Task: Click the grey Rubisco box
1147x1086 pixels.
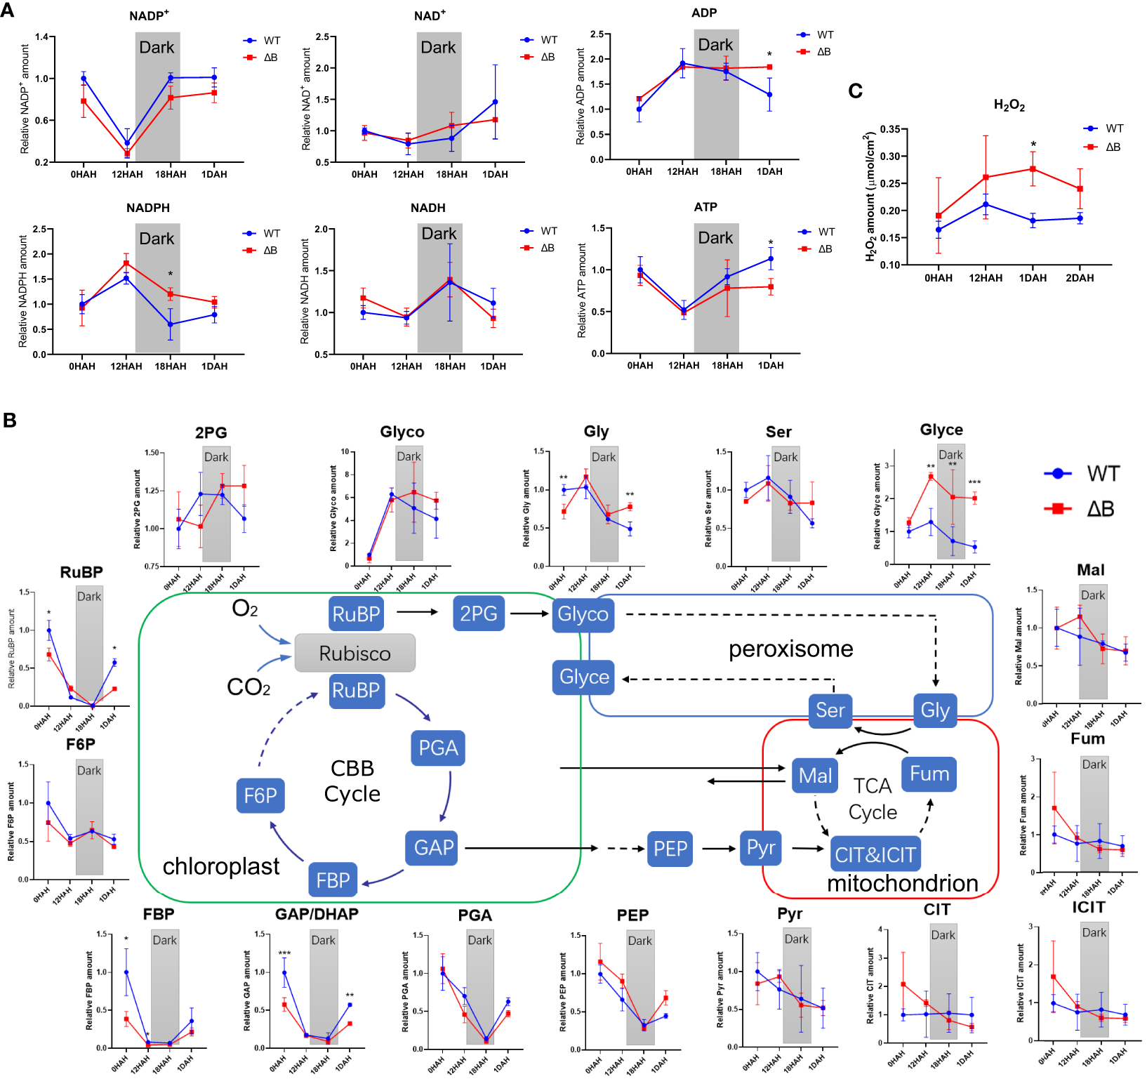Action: [354, 654]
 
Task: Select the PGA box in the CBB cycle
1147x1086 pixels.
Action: [438, 748]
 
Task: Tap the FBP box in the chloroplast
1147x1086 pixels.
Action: [333, 880]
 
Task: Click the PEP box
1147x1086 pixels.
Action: [670, 849]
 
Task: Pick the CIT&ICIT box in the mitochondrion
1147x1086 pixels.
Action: [875, 854]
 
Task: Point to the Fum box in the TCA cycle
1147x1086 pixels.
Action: [929, 774]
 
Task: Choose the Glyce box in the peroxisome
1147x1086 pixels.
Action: [584, 677]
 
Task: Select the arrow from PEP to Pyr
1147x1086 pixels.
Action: [719, 849]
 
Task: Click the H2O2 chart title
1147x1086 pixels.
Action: [1009, 106]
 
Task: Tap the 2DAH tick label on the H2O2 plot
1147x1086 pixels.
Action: [1080, 278]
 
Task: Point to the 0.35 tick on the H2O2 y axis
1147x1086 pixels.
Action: [889, 129]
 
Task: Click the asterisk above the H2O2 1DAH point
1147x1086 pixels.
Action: [1033, 145]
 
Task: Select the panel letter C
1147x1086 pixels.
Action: [855, 91]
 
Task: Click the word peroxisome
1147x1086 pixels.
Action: [790, 649]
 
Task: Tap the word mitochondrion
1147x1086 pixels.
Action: [902, 883]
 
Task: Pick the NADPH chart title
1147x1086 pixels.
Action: [148, 208]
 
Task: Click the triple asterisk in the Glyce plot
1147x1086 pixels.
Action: [974, 482]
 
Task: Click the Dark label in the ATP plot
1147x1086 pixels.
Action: [715, 238]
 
